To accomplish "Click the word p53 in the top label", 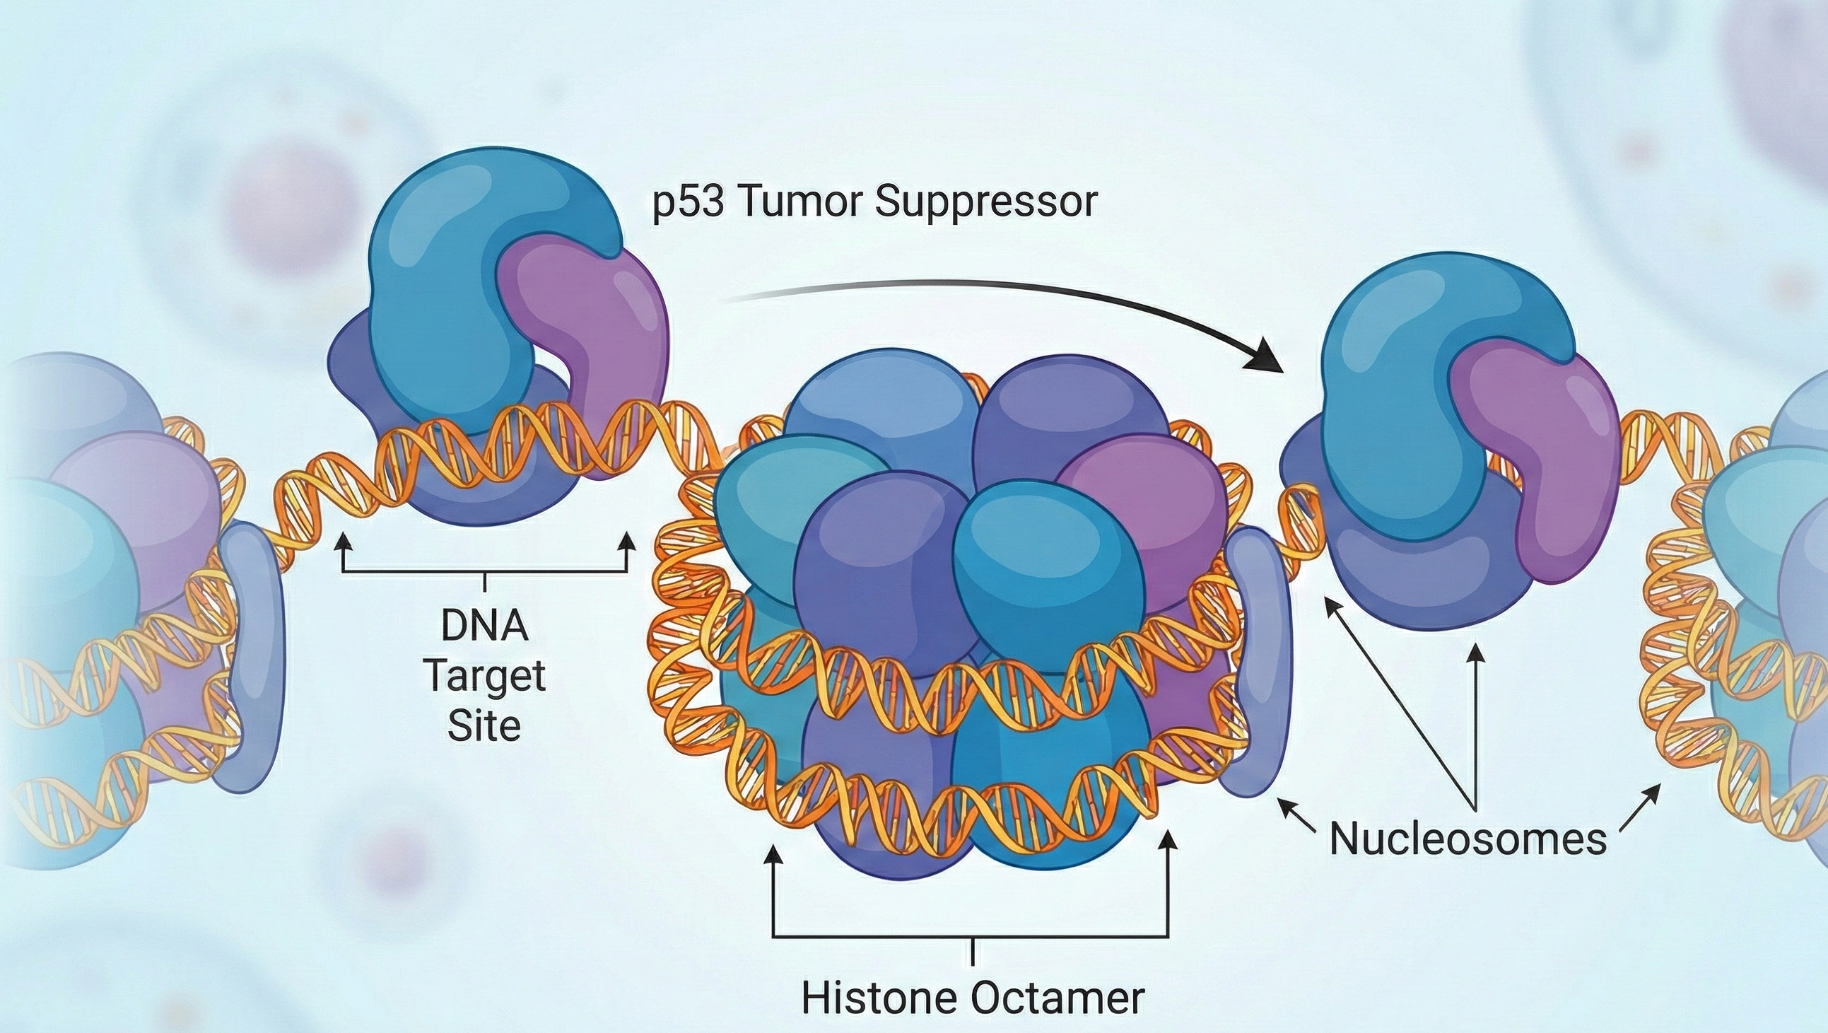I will pyautogui.click(x=688, y=202).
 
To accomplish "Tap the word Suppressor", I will pyautogui.click(x=985, y=202).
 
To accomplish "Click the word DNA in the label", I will pyautogui.click(x=485, y=626).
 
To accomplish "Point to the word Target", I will pyautogui.click(x=486, y=677).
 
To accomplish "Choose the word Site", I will pyautogui.click(x=485, y=725).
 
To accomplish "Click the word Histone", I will pyautogui.click(x=880, y=998).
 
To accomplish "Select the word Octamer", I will pyautogui.click(x=1057, y=998).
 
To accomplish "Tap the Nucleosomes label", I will pyautogui.click(x=1467, y=839).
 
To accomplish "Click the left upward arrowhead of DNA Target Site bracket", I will pyautogui.click(x=344, y=542).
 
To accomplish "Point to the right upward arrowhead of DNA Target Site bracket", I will pyautogui.click(x=627, y=542).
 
